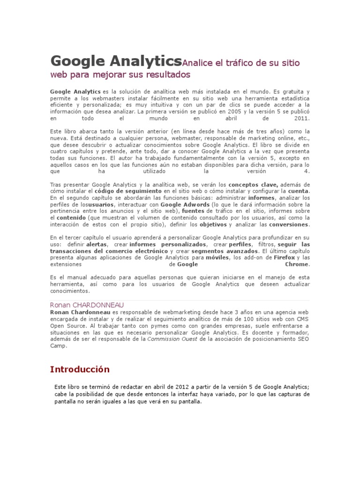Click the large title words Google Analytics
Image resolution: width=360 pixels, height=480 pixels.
[115, 61]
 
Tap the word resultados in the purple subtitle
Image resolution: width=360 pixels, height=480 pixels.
[165, 75]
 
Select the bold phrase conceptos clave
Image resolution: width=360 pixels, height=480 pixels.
[253, 185]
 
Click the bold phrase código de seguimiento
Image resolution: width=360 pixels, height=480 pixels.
[128, 192]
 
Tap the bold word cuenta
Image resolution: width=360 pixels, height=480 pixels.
[298, 192]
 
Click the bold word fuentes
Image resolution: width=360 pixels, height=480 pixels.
[193, 211]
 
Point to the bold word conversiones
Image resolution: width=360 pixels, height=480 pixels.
[289, 225]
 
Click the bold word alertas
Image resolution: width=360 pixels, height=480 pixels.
[97, 245]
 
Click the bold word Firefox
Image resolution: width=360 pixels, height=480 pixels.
[284, 258]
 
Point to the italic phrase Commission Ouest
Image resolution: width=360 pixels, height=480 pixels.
[172, 339]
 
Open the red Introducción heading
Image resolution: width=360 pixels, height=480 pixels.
[80, 369]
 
